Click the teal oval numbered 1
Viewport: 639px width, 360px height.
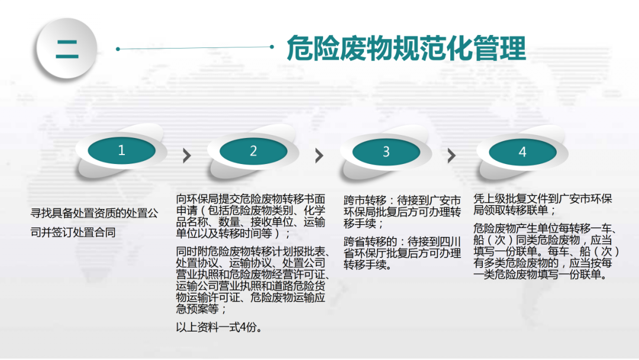[x=121, y=150]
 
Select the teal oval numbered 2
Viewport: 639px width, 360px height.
[x=253, y=151]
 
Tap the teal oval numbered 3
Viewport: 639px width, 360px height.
[x=386, y=152]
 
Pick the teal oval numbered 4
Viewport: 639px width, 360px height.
[x=522, y=152]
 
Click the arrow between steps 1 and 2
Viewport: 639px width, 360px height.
[x=187, y=155]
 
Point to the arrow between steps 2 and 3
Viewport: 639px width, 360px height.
[x=319, y=155]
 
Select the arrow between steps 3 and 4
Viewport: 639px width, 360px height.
[x=451, y=155]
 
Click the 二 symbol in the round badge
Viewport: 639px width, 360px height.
[x=67, y=49]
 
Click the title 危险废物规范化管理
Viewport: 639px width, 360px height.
[x=406, y=48]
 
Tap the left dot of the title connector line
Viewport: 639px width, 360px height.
[x=118, y=49]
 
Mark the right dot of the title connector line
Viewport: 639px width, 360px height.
[x=272, y=47]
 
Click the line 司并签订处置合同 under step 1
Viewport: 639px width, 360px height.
[x=73, y=232]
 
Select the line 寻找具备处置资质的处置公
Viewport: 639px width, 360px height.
[x=94, y=213]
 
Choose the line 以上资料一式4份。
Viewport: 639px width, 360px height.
[x=219, y=327]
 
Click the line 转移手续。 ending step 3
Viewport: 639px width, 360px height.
[x=367, y=265]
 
